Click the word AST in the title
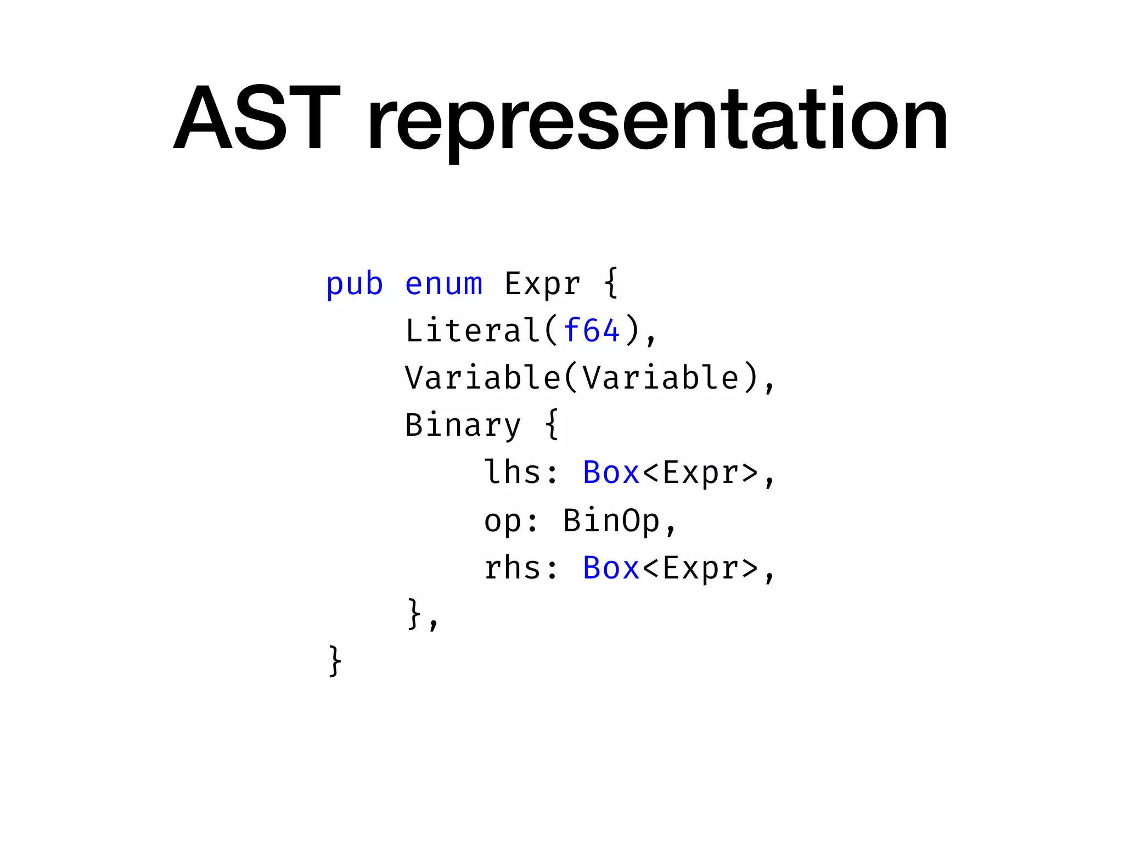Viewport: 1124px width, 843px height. (x=257, y=117)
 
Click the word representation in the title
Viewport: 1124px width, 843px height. (x=657, y=121)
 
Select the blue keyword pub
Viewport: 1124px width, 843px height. (x=354, y=284)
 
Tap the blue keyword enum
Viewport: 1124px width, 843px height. (x=443, y=284)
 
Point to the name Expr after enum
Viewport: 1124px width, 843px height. (x=542, y=284)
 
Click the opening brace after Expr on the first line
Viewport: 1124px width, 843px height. (x=611, y=283)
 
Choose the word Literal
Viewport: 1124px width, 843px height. (x=473, y=331)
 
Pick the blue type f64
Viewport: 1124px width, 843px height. (x=592, y=331)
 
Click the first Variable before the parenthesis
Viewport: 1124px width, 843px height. (x=482, y=378)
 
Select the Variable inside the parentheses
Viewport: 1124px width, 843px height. (x=660, y=378)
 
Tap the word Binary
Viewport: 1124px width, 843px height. (x=463, y=426)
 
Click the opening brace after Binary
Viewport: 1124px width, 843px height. (x=552, y=424)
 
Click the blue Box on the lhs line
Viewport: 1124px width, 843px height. (x=611, y=473)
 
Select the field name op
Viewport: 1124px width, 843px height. (x=502, y=520)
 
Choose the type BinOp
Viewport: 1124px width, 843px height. (x=611, y=520)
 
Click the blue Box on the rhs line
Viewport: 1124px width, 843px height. (x=611, y=568)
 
